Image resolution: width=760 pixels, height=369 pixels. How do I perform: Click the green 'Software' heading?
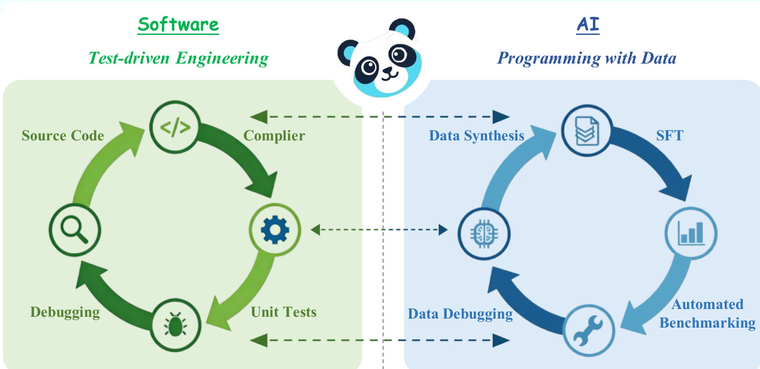(x=178, y=25)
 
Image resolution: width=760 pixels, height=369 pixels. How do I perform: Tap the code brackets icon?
(x=175, y=127)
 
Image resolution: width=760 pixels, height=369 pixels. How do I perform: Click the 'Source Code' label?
(x=63, y=136)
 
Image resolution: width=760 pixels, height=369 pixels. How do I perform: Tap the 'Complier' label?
(x=274, y=136)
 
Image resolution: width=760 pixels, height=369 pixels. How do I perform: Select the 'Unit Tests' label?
(x=283, y=312)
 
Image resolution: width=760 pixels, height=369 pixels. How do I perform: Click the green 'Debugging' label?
(x=65, y=312)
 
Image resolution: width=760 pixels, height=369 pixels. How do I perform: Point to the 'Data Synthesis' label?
(x=476, y=136)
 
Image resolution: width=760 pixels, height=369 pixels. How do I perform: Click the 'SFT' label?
(x=669, y=136)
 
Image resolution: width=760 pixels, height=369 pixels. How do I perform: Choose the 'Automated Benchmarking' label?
(x=707, y=314)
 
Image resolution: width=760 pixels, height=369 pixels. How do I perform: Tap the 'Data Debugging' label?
(x=460, y=314)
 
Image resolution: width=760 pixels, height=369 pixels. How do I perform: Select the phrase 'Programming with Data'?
(x=587, y=58)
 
